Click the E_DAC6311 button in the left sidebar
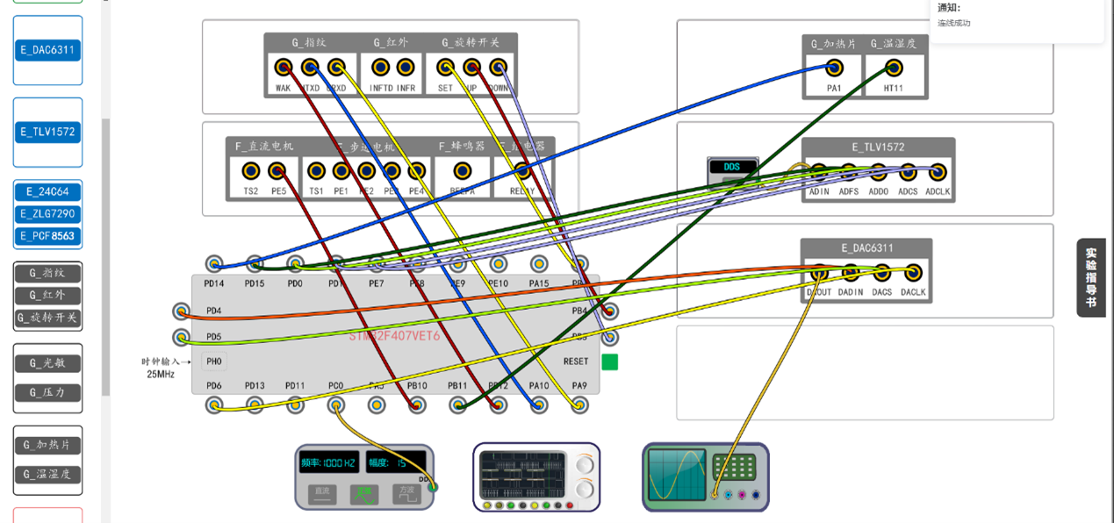tap(48, 50)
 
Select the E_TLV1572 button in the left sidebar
tap(48, 133)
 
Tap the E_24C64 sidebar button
tap(48, 192)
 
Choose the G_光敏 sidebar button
tap(48, 363)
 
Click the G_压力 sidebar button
tap(48, 392)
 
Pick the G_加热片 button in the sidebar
tap(48, 445)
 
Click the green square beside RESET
tap(609, 362)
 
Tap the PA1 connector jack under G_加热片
tap(834, 68)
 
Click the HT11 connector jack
tap(894, 68)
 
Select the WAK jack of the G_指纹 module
tap(283, 68)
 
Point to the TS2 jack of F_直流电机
tap(251, 171)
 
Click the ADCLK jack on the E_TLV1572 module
tap(938, 171)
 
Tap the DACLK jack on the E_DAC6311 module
tap(913, 273)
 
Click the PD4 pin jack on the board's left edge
tap(181, 311)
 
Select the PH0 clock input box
tap(214, 362)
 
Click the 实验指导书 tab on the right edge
tap(1090, 277)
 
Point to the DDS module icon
tap(732, 172)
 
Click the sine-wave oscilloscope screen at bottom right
tap(676, 475)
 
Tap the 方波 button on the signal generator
tap(406, 494)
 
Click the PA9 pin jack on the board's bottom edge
tap(579, 405)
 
